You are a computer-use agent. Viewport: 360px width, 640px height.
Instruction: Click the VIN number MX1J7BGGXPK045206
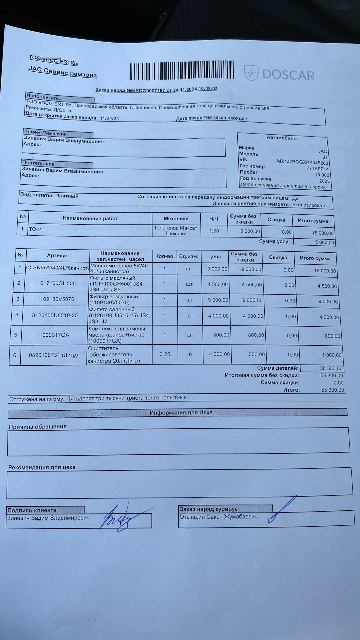[x=302, y=162]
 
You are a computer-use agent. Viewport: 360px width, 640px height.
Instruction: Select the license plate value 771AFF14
[x=317, y=169]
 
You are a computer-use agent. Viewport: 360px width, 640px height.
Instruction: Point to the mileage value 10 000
[x=322, y=175]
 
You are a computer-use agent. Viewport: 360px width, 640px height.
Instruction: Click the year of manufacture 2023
[x=324, y=181]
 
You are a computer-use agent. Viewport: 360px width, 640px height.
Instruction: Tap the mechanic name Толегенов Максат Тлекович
[x=176, y=231]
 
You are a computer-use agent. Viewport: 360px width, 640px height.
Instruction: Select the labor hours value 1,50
[x=214, y=231]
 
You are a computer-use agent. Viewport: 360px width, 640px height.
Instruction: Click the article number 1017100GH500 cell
[x=56, y=283]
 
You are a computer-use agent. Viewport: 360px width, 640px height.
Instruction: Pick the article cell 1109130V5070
[x=56, y=299]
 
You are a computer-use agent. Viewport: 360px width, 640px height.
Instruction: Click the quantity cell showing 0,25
[x=164, y=354]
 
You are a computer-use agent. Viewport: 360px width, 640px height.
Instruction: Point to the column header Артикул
[x=58, y=255]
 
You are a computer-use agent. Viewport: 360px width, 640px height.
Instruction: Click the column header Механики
[x=176, y=219]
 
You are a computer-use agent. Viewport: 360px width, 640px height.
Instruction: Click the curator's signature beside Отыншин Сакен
[x=282, y=510]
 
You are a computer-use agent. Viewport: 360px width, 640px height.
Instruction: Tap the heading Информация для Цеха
[x=181, y=413]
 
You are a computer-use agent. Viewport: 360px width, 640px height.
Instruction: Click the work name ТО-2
[x=35, y=229]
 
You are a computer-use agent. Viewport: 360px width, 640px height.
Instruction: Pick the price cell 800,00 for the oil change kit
[x=221, y=335]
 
